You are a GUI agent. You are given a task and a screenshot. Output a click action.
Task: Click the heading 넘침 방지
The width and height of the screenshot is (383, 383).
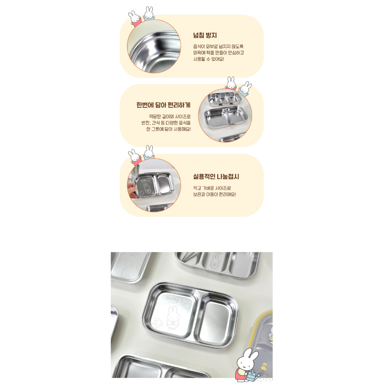[x=205, y=35]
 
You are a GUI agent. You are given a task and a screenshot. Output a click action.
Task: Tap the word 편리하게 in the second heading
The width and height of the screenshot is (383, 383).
[x=179, y=105]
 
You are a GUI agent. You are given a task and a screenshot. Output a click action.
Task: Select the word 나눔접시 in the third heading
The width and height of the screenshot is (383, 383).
[x=228, y=177]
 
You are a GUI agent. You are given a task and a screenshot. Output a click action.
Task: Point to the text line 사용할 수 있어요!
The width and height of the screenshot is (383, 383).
[x=209, y=59]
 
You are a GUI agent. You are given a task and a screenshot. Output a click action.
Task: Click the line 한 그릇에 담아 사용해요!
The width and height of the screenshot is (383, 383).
[x=168, y=129]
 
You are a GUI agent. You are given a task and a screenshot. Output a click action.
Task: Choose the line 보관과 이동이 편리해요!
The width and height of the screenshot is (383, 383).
[x=214, y=194]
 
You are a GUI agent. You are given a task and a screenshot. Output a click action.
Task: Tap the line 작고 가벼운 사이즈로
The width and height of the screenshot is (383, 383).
[x=212, y=188]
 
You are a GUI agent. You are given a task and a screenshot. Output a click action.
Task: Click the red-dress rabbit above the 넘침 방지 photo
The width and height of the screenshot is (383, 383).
[x=135, y=19]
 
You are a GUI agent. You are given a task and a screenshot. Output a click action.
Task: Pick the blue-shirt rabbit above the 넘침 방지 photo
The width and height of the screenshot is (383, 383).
[x=148, y=14]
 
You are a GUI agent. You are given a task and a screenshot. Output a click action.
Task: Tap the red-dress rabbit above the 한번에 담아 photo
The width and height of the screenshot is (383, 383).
[x=231, y=84]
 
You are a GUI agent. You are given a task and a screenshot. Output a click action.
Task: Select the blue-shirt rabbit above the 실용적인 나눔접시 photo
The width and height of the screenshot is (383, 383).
[x=149, y=153]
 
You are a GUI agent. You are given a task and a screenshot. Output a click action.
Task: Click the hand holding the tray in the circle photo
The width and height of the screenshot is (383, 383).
[x=132, y=190]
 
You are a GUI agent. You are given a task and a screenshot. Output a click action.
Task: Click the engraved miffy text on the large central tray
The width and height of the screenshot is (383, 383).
[x=172, y=298]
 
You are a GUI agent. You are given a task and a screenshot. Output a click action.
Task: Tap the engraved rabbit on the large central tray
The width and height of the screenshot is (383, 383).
[x=173, y=317]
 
